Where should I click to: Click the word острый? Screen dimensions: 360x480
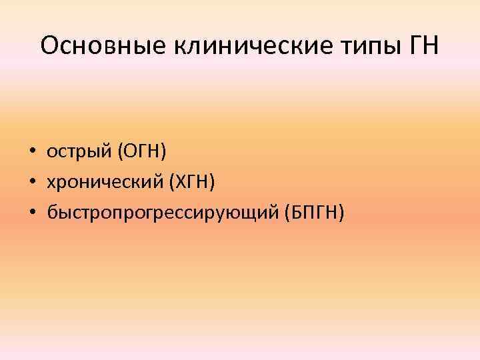click(79, 153)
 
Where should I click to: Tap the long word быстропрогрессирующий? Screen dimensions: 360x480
click(163, 213)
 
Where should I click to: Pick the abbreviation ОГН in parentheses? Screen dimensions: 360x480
click(142, 152)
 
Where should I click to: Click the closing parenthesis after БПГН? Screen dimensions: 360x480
click(341, 213)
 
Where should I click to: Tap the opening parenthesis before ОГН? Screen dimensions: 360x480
click(120, 153)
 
